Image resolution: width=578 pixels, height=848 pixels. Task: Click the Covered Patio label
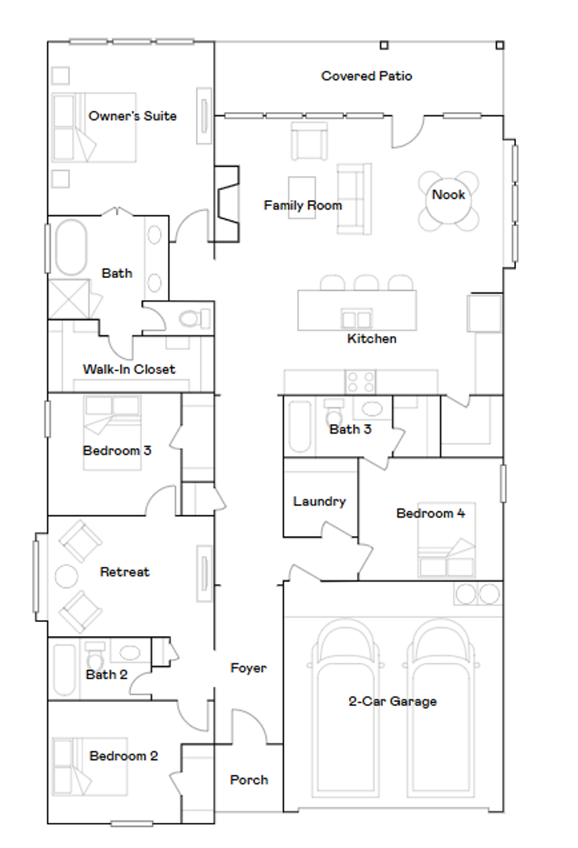366,76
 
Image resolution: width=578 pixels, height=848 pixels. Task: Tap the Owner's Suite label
133,116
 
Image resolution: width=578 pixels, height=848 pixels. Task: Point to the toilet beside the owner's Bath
191,319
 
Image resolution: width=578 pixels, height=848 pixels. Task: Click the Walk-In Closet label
129,369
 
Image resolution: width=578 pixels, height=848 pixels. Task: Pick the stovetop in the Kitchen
361,382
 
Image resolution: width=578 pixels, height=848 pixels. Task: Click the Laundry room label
319,501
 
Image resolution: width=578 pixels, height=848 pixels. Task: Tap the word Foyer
248,668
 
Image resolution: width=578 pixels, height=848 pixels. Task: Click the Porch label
249,780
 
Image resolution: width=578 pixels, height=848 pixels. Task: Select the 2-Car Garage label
392,701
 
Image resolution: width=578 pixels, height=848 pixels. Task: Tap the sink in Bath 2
129,652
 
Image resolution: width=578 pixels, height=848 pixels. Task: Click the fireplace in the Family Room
227,205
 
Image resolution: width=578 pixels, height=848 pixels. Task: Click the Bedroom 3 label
117,451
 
